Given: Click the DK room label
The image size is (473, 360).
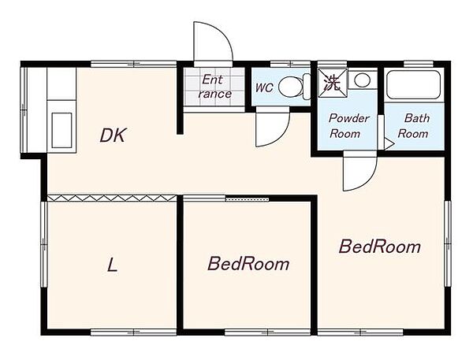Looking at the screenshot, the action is (113, 135).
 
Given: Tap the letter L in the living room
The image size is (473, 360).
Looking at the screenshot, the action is (112, 265).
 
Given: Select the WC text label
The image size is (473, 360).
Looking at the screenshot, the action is (264, 87).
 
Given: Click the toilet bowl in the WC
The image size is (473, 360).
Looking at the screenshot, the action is (290, 87).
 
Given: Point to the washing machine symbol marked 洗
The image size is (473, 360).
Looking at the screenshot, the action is (333, 83).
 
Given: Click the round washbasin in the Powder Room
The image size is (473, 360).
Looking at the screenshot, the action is (363, 80).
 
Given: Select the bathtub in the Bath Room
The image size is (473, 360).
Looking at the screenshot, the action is (413, 85).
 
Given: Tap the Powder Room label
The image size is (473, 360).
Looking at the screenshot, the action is (348, 126).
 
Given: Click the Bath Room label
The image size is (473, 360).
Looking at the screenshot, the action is (413, 126).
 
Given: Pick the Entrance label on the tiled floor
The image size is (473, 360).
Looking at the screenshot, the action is (214, 87).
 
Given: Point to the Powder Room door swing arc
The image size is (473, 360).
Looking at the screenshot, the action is (367, 180).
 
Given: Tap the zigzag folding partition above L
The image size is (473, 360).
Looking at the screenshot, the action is (112, 198).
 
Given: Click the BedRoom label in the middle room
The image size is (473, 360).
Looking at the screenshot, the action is (248, 264).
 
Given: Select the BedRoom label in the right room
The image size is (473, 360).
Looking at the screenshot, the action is (380, 247).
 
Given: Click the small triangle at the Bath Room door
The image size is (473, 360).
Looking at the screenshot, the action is (389, 144).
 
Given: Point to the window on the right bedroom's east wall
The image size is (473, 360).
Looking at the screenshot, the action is (448, 244).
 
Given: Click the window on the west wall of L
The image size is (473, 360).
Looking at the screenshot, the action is (44, 244).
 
